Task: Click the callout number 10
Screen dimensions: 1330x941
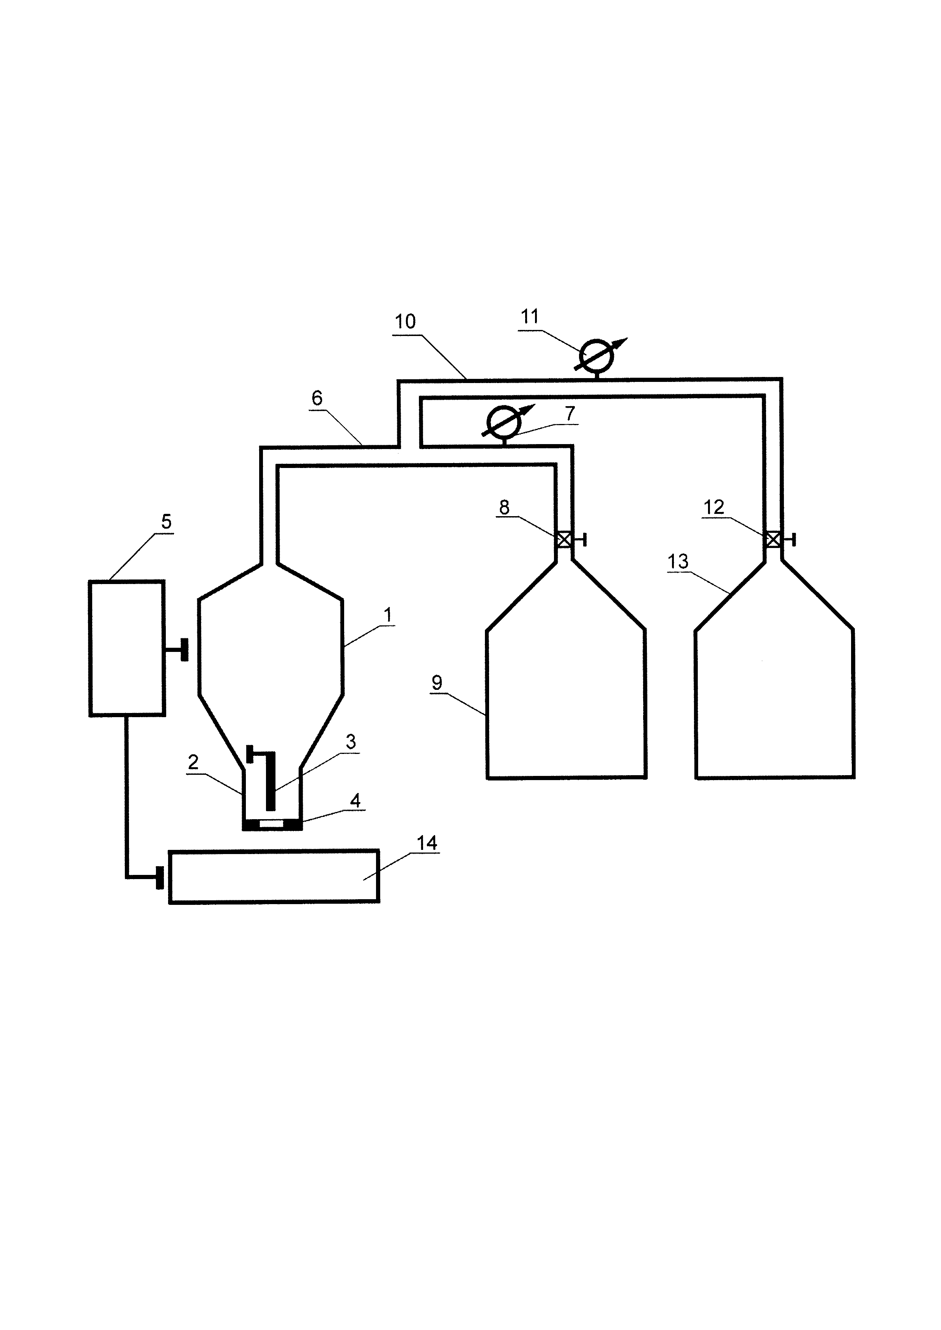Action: point(405,322)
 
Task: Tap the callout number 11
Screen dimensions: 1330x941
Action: point(530,317)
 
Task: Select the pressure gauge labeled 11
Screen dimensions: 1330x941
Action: point(596,356)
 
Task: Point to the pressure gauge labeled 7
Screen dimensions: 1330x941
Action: point(504,422)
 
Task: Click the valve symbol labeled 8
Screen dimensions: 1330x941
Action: point(563,540)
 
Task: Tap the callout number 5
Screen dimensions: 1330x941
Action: point(166,522)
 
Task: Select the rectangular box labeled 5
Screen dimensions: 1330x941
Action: point(127,648)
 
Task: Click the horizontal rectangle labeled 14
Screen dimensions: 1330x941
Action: point(274,876)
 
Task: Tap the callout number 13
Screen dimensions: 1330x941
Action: point(677,561)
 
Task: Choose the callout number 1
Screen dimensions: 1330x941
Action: point(388,615)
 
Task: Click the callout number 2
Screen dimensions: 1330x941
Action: point(194,762)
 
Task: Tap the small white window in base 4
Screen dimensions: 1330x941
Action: point(271,823)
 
